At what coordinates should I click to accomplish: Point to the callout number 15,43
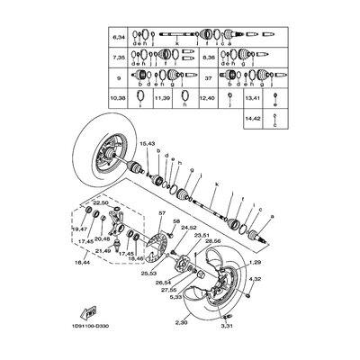pos(147,143)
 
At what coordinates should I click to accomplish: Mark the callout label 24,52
pos(189,228)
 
